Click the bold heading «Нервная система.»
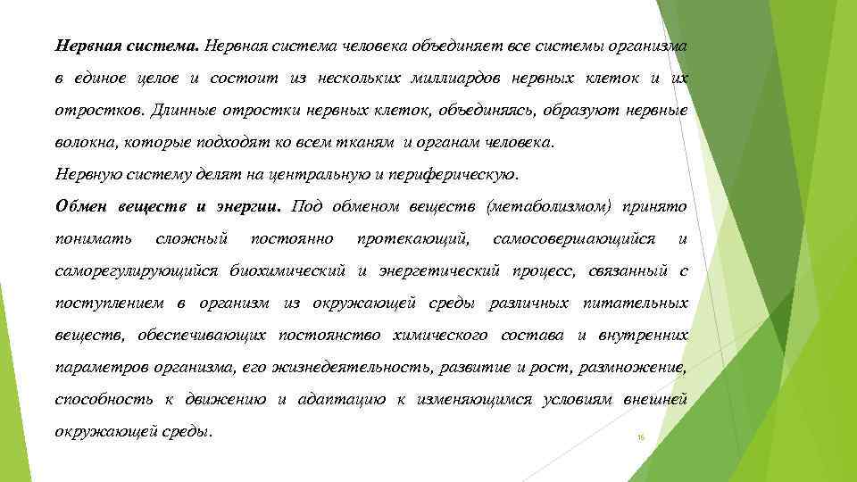(128, 46)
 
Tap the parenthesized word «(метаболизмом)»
(549, 207)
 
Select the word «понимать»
(92, 239)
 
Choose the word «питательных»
(635, 303)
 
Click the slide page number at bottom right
(640, 436)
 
